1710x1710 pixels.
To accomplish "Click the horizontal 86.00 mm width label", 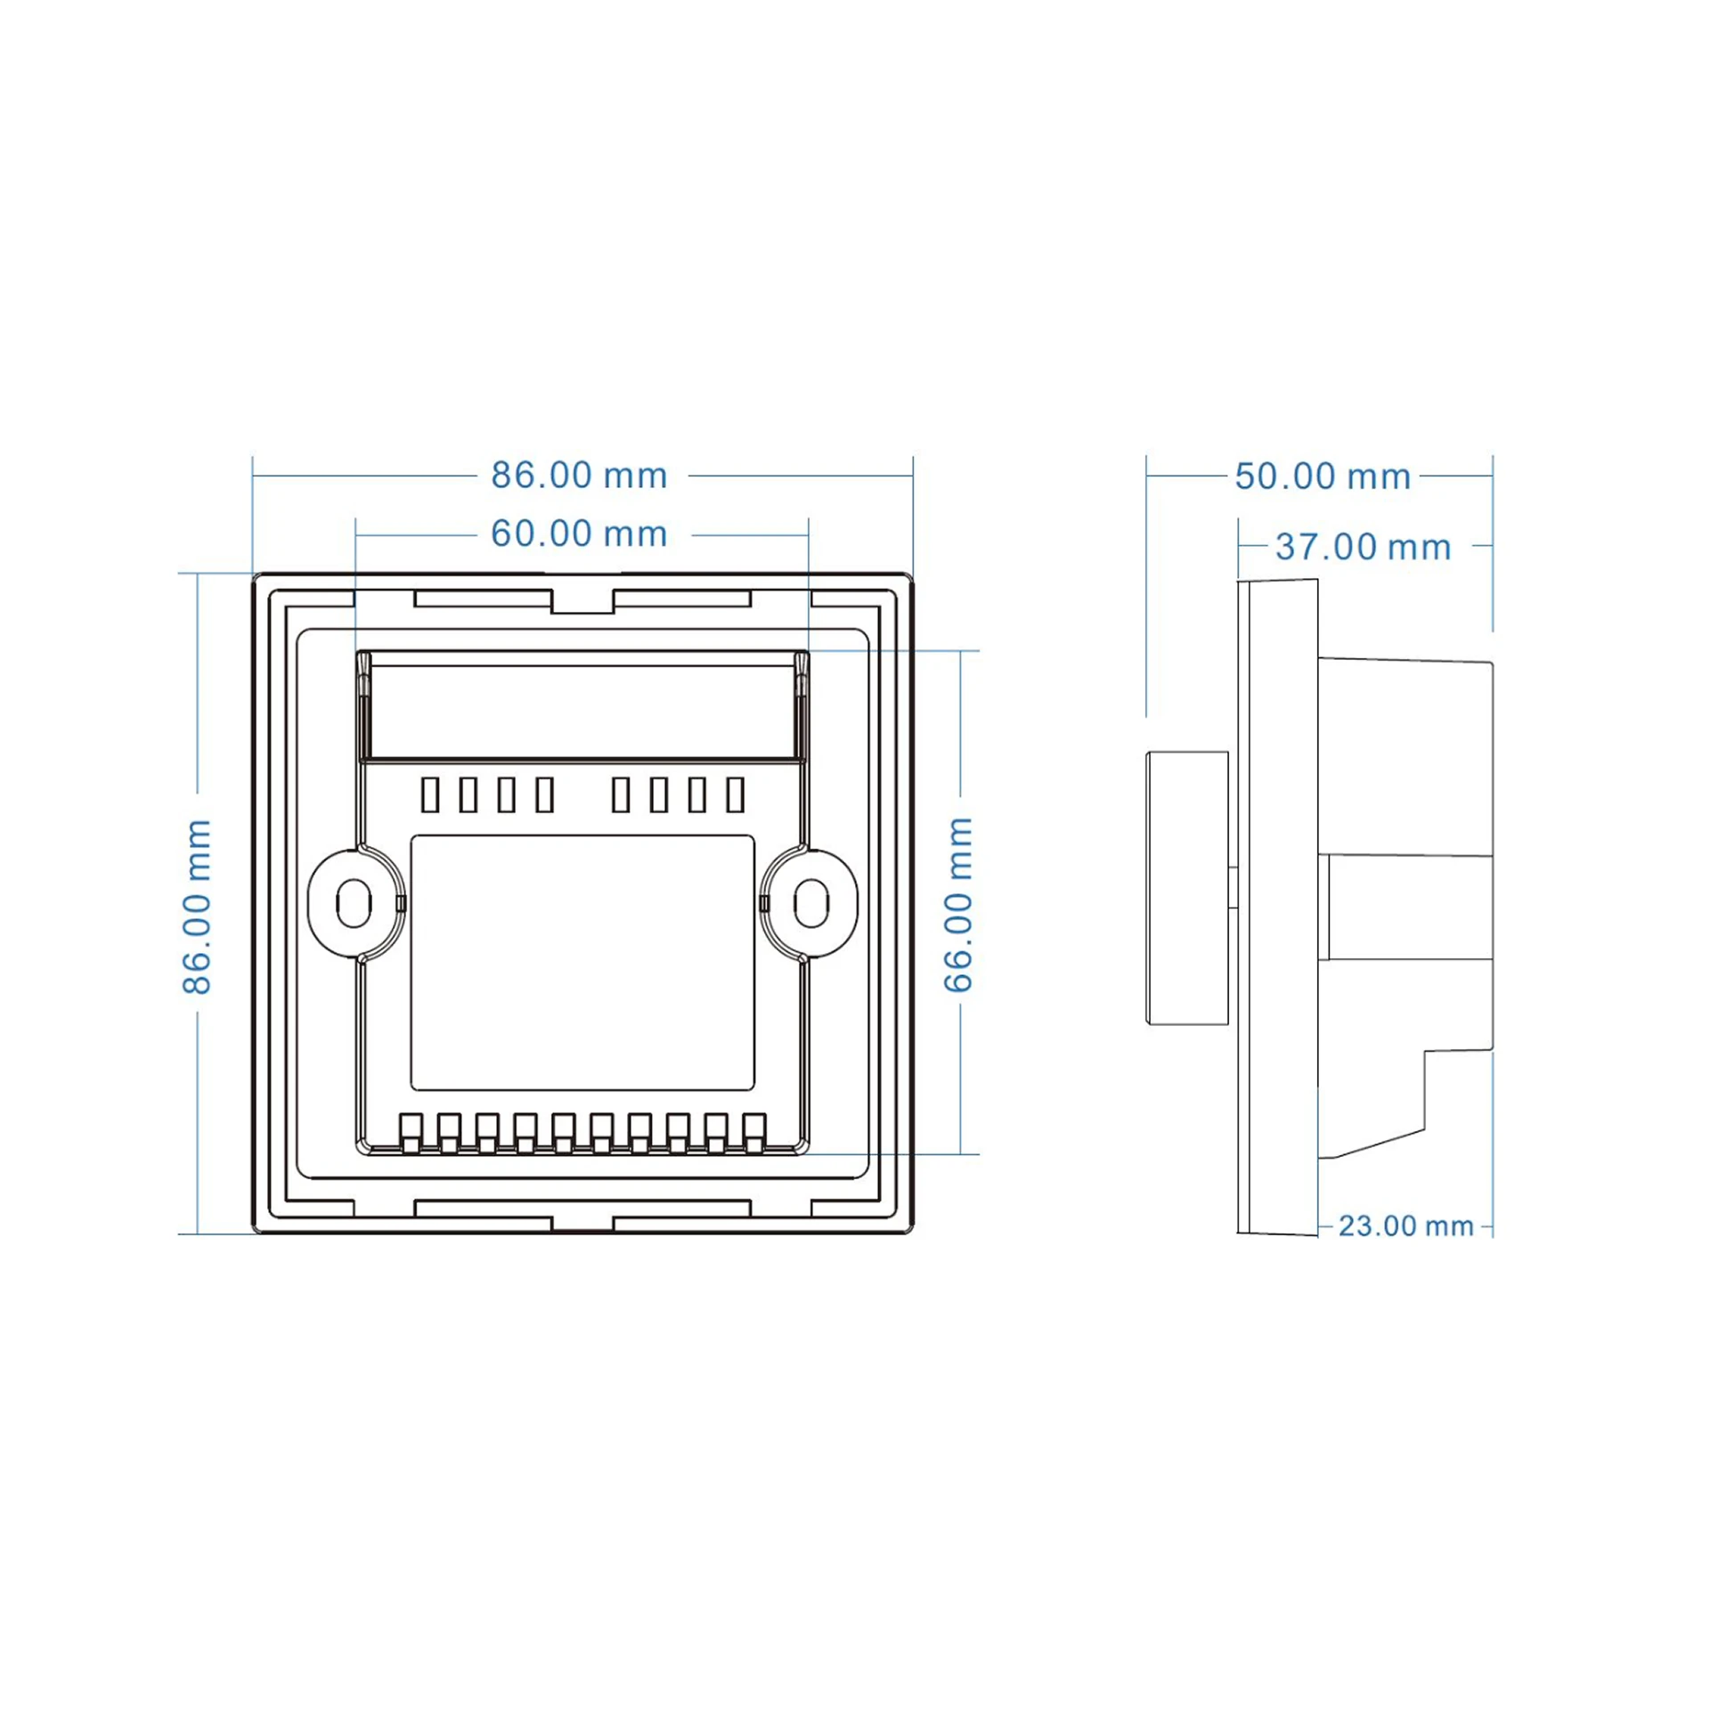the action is coord(579,476).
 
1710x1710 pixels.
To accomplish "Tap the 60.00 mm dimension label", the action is coord(579,534).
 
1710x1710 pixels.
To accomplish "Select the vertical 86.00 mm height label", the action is coord(197,906).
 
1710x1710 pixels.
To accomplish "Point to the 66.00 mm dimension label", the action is coord(958,905).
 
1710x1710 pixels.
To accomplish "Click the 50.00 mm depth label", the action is coord(1323,476).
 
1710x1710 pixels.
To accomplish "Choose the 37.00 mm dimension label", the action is coord(1363,547).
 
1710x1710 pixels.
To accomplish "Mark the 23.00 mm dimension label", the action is coord(1405,1226).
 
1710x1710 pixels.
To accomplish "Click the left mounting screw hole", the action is coord(354,903).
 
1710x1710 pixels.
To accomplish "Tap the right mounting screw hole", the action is coord(810,903).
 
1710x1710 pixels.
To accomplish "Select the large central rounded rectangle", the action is coord(582,962).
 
